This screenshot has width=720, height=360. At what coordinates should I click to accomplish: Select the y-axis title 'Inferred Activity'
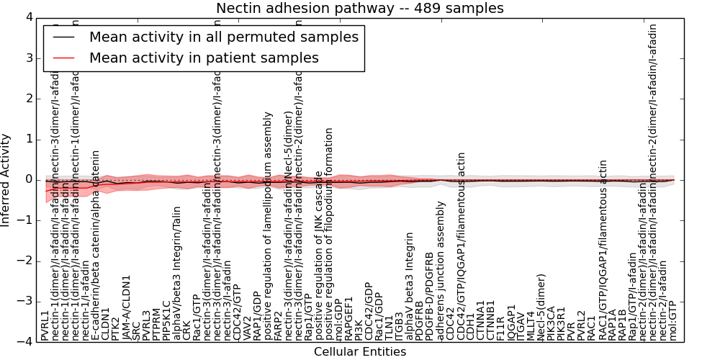pos(6,179)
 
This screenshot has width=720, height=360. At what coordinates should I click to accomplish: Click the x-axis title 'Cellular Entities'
pos(359,352)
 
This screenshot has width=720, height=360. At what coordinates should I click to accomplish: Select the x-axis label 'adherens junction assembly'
pos(441,282)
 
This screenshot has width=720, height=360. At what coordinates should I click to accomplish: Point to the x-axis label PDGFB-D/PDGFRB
pos(431,296)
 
